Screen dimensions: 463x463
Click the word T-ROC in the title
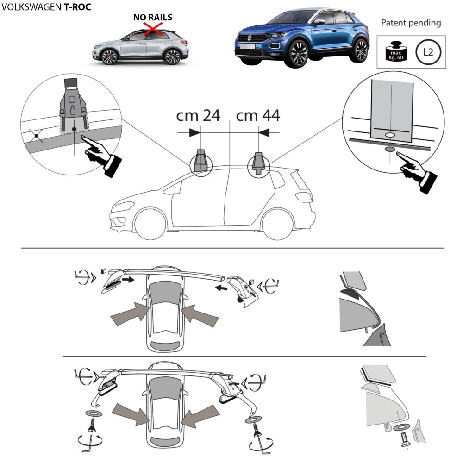click(77, 7)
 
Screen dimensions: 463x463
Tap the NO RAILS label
click(153, 18)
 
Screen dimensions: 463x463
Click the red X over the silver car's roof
click(153, 30)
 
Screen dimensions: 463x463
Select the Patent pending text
click(411, 23)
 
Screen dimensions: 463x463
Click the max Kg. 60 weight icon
click(396, 52)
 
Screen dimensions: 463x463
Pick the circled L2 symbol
click(428, 52)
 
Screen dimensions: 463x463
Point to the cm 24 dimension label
click(198, 115)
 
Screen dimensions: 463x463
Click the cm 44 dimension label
click(258, 115)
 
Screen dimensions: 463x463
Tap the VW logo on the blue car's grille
click(249, 38)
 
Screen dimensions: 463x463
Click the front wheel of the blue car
click(298, 53)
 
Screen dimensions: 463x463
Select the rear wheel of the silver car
click(172, 56)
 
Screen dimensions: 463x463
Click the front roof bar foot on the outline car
click(201, 161)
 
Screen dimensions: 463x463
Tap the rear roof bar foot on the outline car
click(258, 163)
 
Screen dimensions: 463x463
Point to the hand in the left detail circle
click(100, 155)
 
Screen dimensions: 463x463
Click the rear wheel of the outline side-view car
click(278, 225)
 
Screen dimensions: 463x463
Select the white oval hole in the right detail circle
click(390, 135)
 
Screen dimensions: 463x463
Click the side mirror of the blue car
click(319, 21)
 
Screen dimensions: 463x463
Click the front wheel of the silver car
click(109, 57)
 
